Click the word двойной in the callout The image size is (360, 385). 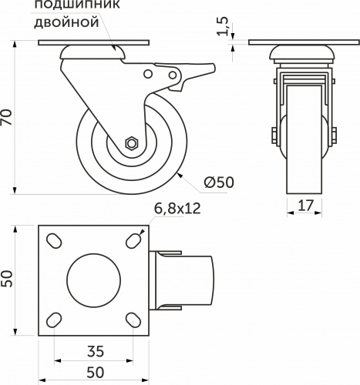pyautogui.click(x=68, y=23)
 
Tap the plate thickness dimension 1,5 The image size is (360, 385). pyautogui.click(x=224, y=27)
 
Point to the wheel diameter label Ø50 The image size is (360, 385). pyautogui.click(x=219, y=182)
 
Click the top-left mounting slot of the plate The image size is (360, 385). pyautogui.click(x=56, y=241)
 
